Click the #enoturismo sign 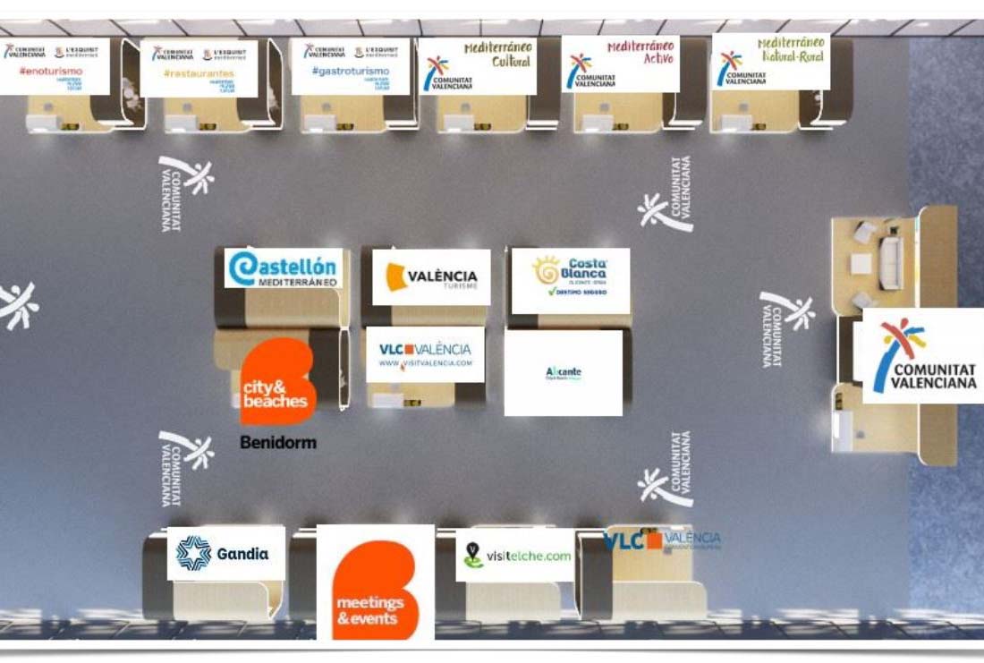[55, 66]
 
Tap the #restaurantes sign [199, 68]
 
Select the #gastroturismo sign [350, 66]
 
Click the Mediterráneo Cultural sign [477, 65]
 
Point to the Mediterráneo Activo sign [620, 64]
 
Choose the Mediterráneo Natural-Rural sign [770, 62]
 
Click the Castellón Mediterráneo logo [283, 268]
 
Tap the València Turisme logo [431, 277]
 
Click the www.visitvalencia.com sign [425, 354]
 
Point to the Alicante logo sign [563, 373]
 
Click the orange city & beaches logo [278, 382]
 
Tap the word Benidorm [277, 442]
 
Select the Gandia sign [225, 553]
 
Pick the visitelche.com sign [514, 556]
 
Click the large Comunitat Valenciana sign [921, 356]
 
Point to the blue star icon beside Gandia [193, 553]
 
